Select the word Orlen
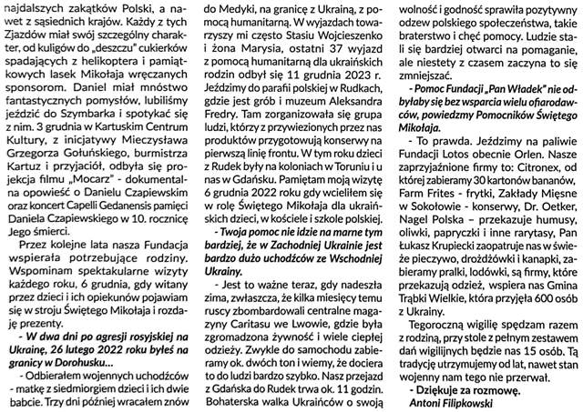pos(537,143)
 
